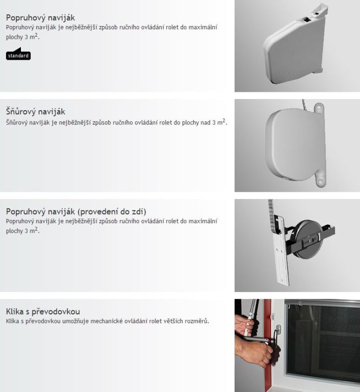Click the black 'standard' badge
18,54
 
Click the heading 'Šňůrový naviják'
36,111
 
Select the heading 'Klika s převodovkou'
43,311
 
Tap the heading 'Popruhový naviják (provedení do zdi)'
76,211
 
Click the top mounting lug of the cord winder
318,108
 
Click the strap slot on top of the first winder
307,19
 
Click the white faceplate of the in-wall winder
281,251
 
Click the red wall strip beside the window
267,345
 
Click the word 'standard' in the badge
18,56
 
